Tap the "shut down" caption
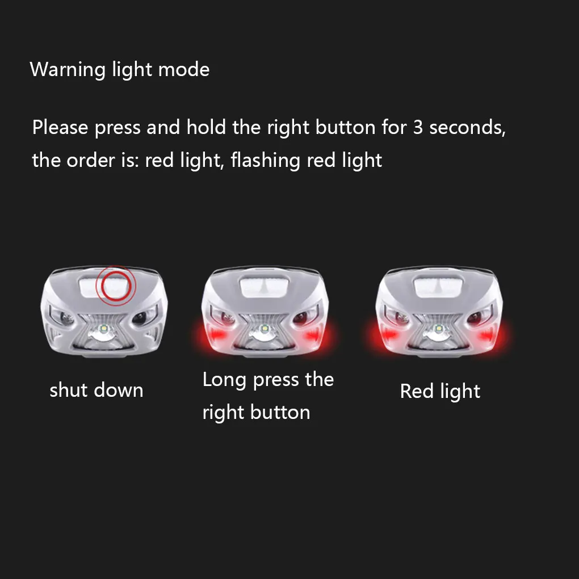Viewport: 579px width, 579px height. (96, 390)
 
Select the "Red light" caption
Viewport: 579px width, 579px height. (440, 392)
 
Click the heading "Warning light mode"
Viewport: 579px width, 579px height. (120, 69)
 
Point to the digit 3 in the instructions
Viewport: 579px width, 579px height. (418, 127)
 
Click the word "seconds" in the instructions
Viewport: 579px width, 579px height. (467, 128)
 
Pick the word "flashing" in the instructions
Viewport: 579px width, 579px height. (265, 161)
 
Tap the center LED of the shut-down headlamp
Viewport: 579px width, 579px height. (104, 328)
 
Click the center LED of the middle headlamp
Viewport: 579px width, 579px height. (264, 328)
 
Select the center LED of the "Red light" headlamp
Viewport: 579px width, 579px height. (438, 328)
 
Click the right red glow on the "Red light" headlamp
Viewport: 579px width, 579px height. (488, 335)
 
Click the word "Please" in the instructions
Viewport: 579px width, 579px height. (60, 128)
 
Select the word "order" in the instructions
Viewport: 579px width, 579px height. (91, 161)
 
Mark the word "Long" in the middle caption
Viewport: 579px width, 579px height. (225, 380)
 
